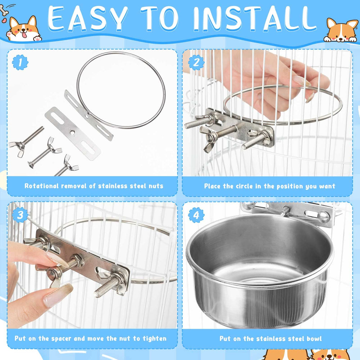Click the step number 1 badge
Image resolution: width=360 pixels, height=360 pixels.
point(20,62)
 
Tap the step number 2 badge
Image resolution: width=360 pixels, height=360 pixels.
point(196,62)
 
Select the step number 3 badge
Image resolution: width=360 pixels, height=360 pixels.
point(20,215)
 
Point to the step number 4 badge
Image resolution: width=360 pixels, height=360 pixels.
point(196,215)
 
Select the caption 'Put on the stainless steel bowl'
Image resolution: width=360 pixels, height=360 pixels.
point(270,339)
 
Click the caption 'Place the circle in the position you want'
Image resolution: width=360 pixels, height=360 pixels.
point(270,186)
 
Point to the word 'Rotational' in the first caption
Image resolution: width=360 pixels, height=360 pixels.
point(41,186)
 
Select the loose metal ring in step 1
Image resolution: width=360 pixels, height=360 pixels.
point(121,90)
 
